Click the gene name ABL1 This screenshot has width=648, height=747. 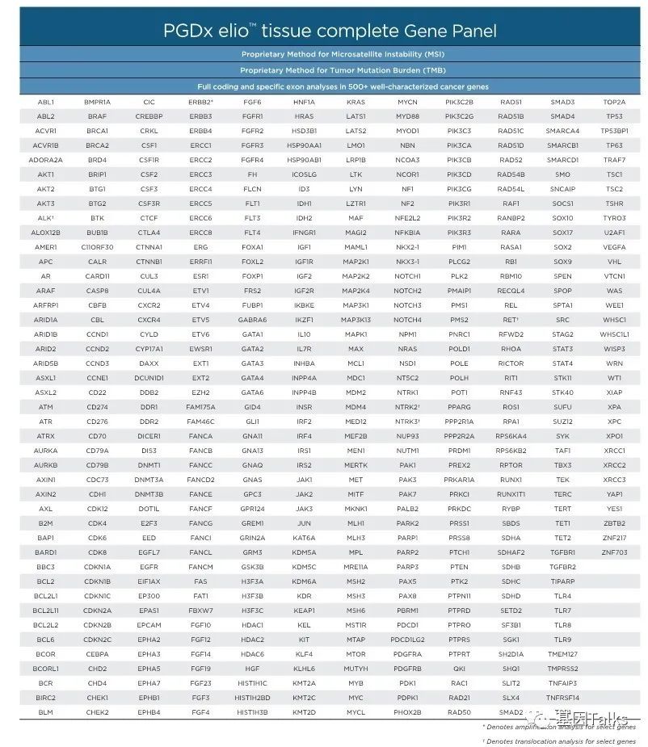tap(46, 103)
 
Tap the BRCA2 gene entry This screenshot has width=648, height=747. tap(97, 146)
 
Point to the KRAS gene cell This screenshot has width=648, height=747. tap(356, 103)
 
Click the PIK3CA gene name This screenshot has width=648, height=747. tap(458, 146)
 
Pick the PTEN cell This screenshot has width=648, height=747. tap(459, 566)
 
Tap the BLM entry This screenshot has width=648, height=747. tap(46, 711)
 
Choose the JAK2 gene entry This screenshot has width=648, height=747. tap(304, 493)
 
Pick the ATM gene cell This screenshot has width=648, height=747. tap(46, 406)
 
